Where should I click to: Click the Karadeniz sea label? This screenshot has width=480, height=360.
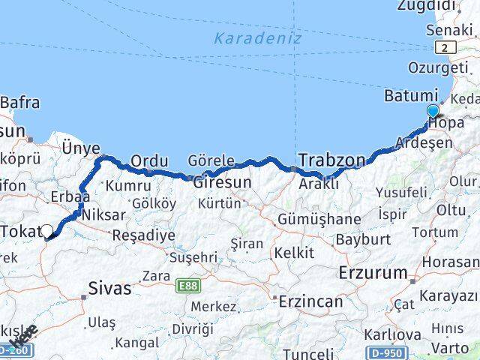(x=257, y=38)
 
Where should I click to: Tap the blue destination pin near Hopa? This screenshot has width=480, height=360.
(x=433, y=112)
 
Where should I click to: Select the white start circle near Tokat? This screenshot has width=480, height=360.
(x=47, y=232)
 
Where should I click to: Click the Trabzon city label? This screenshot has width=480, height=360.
(x=332, y=160)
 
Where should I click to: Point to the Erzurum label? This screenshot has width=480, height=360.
(x=373, y=271)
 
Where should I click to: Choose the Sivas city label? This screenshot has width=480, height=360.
(x=109, y=287)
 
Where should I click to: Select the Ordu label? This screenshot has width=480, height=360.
(x=148, y=160)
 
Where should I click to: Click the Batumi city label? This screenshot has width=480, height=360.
(x=410, y=96)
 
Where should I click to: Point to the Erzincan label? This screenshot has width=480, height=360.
(x=310, y=301)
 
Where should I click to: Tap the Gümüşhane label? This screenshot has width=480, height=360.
(x=319, y=219)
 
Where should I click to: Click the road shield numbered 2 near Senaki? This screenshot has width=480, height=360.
(x=448, y=47)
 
